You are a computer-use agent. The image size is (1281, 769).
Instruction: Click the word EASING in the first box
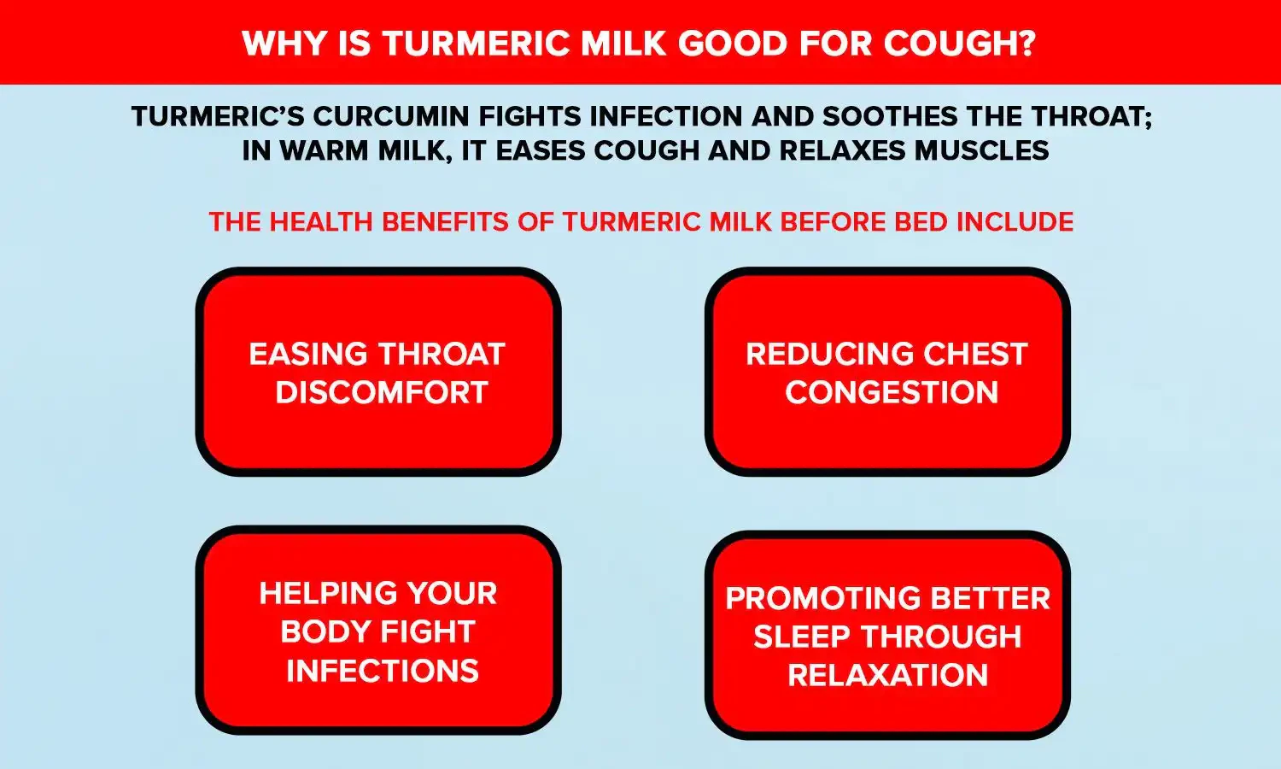click(307, 354)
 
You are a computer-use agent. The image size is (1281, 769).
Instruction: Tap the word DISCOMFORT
click(381, 393)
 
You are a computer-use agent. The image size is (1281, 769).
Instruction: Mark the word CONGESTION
click(891, 393)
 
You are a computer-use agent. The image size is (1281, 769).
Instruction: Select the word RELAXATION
click(887, 676)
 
